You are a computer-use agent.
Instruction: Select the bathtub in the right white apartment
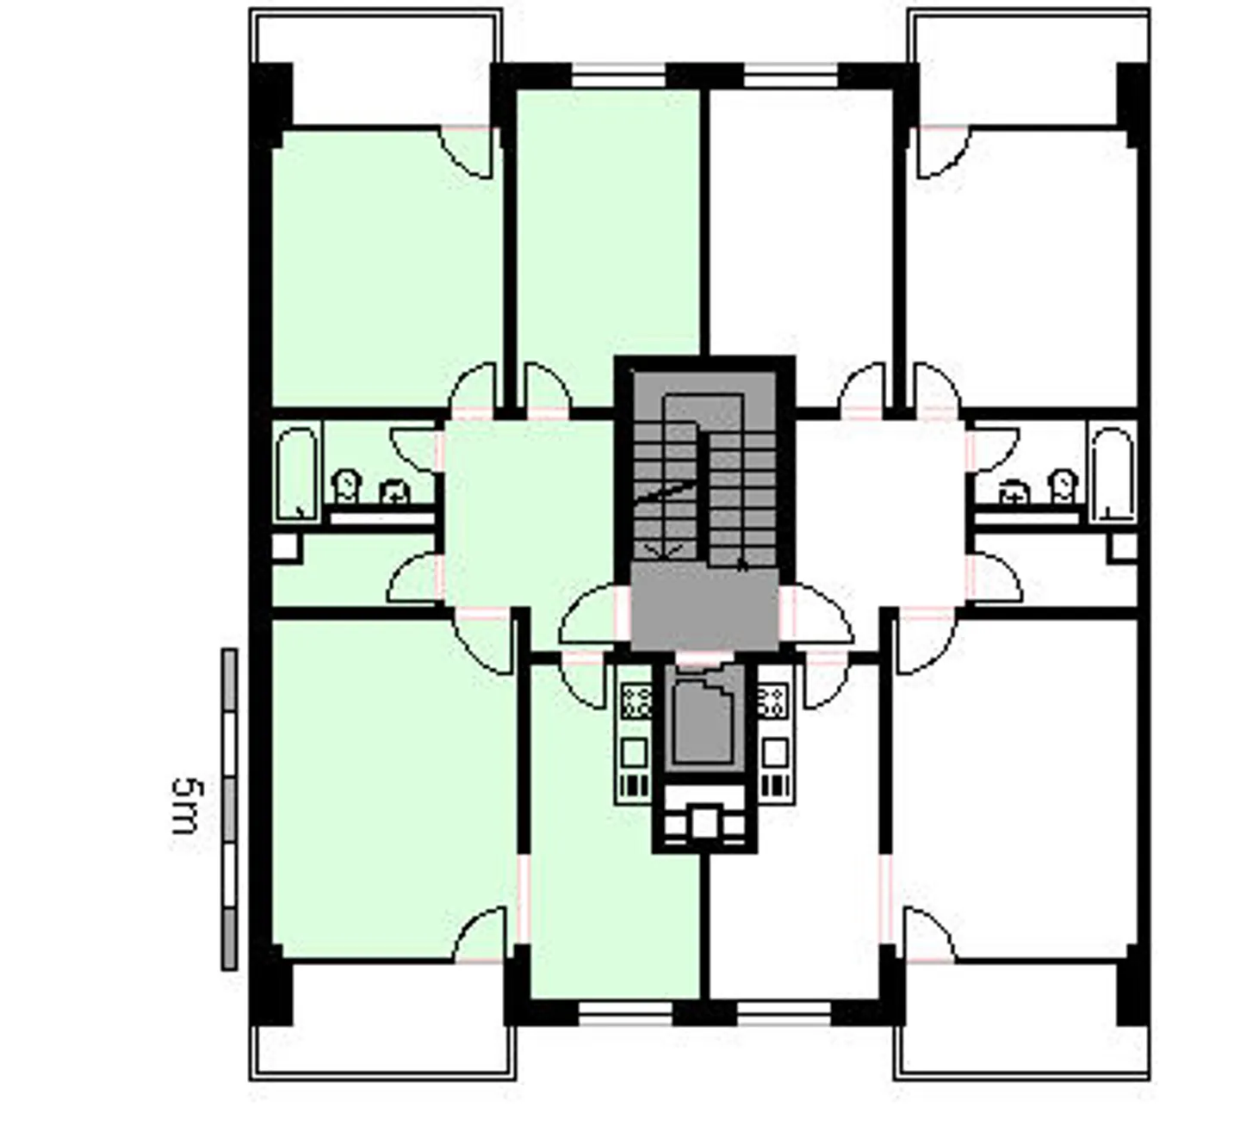[x=1112, y=474]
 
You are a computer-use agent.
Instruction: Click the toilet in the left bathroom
[x=347, y=486]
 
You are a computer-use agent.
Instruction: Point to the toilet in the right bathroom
[x=1063, y=486]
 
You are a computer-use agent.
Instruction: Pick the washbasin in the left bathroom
[x=395, y=492]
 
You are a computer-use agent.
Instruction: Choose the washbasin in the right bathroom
[x=1014, y=492]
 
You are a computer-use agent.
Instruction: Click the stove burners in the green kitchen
[x=635, y=701]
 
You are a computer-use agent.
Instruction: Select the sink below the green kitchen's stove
[x=635, y=753]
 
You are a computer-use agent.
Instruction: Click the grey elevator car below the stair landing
[x=704, y=721]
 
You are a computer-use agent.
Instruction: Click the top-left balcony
[x=375, y=67]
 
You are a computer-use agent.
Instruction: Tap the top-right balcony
[x=1028, y=67]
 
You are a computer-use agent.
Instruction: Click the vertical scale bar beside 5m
[x=229, y=809]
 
